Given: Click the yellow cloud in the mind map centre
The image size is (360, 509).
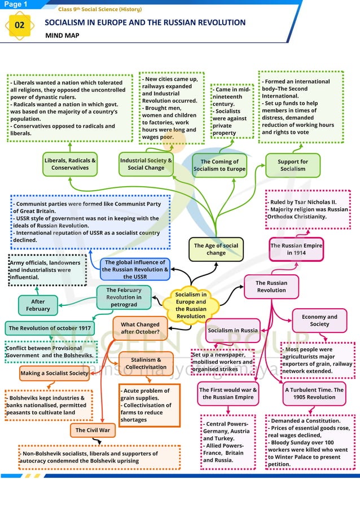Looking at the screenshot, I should click(x=191, y=305).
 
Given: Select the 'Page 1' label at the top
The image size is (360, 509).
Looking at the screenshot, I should click(x=16, y=5).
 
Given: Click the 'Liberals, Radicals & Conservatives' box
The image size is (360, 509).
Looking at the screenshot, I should click(x=70, y=164).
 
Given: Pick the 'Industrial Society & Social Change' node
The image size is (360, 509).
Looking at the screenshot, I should click(x=146, y=164).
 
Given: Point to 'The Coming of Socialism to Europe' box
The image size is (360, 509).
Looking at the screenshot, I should click(x=219, y=165).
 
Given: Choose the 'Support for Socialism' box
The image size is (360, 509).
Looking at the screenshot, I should click(x=293, y=165).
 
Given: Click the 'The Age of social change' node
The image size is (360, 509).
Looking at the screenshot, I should click(x=216, y=249).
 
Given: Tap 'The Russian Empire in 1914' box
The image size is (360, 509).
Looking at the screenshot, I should click(x=296, y=249).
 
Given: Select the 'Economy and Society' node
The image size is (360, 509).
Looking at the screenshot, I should click(x=319, y=321).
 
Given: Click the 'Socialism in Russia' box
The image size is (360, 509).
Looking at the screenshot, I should click(x=232, y=330).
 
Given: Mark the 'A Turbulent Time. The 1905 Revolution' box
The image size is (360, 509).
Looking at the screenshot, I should click(x=314, y=393).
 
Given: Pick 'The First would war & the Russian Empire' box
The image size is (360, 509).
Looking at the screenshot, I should click(x=228, y=393).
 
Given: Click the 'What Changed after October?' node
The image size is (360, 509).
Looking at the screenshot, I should click(x=140, y=328).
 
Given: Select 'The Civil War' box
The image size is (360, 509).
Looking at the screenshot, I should click(x=93, y=431).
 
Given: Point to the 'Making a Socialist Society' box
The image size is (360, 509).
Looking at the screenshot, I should click(x=54, y=373).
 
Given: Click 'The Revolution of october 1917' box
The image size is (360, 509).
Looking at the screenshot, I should click(x=50, y=328).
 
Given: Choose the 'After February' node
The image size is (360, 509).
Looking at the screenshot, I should click(x=38, y=305).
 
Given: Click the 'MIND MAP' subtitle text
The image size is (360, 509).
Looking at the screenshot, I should click(x=62, y=36).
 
